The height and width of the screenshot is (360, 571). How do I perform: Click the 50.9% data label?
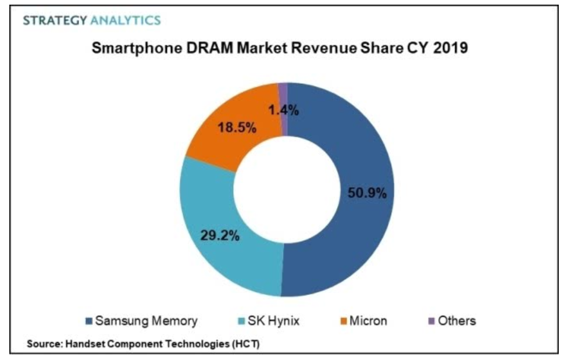[367, 193]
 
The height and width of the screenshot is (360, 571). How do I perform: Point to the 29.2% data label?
[220, 236]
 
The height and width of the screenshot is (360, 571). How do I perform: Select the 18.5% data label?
[237, 127]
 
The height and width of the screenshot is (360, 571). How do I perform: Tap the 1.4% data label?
[284, 110]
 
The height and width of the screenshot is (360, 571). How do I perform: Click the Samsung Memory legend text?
[146, 321]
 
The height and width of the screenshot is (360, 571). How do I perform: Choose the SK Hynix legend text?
[273, 321]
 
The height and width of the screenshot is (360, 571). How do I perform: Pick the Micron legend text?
[368, 321]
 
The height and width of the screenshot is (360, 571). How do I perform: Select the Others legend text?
[457, 321]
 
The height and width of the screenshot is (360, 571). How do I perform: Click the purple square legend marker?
[431, 321]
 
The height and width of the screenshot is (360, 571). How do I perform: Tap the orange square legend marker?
[343, 321]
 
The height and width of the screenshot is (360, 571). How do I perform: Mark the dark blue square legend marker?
[88, 321]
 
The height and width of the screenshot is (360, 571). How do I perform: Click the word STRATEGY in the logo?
[55, 20]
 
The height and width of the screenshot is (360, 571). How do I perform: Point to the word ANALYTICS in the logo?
[126, 20]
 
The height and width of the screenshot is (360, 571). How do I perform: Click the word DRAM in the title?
[209, 48]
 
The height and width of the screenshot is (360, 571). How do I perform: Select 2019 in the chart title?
[451, 48]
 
